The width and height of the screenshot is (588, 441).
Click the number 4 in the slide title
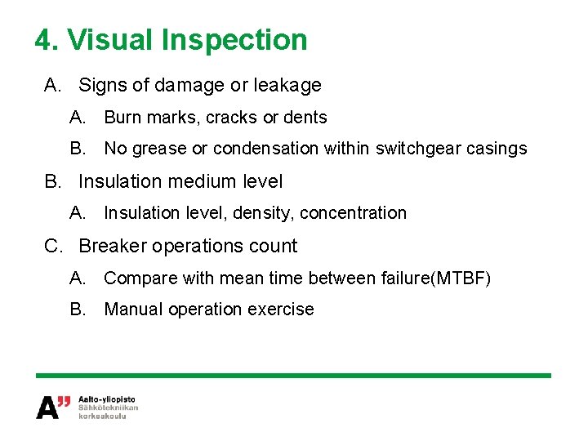[x=43, y=39]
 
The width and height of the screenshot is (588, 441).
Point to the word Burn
[x=122, y=118]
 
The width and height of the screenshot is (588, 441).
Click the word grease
[x=154, y=149]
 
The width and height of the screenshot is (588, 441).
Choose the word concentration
[x=353, y=213]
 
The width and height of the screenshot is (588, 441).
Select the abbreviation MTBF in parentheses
[x=463, y=278]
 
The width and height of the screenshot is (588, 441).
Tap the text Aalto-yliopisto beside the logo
[x=107, y=399]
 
